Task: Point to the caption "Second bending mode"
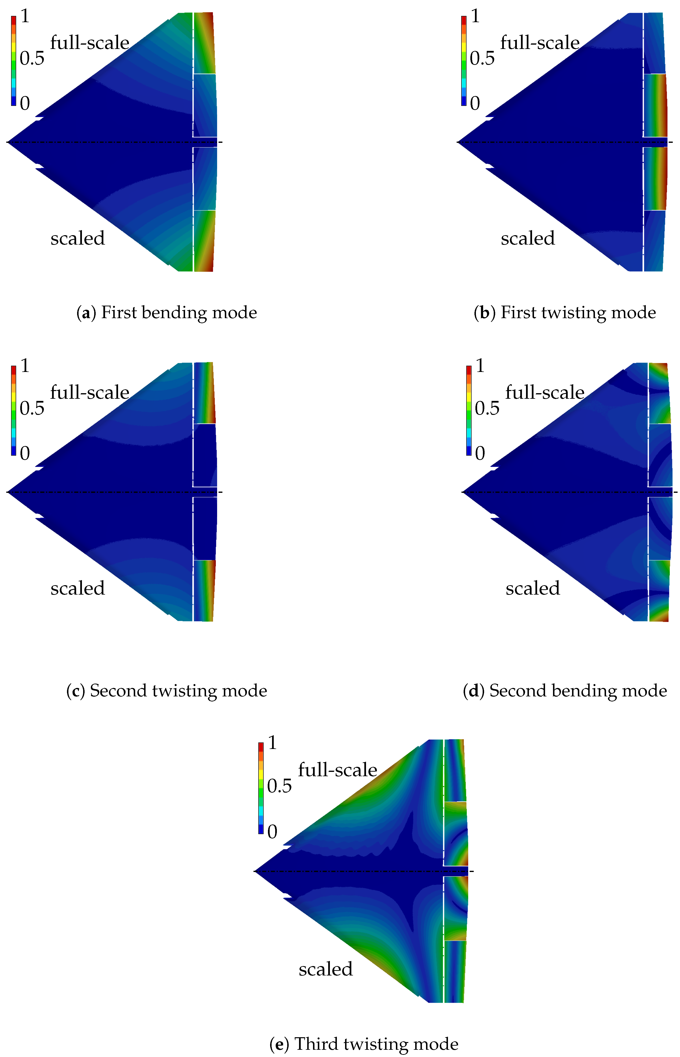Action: coord(565,691)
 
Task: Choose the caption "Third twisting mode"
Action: coord(364,1044)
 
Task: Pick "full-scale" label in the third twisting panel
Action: coord(337,770)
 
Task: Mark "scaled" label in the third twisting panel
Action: coord(326,969)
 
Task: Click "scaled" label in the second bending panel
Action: coord(533,588)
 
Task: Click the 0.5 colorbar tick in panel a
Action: coord(32,58)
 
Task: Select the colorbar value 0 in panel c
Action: coord(25,453)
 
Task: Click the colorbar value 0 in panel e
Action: coord(272,832)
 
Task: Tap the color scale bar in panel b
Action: coord(464,61)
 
